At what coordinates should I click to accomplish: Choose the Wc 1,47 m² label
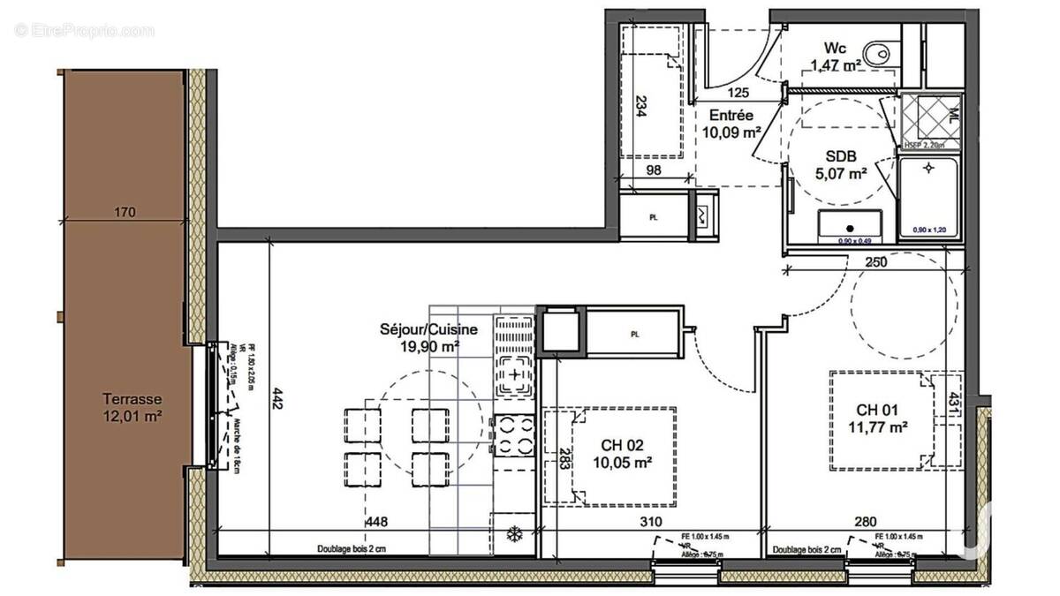click(836, 56)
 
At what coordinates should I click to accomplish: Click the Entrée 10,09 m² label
click(731, 124)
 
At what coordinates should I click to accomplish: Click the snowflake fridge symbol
click(513, 534)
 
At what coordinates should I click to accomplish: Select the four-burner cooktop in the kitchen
click(514, 434)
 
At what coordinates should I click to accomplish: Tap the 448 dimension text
click(377, 521)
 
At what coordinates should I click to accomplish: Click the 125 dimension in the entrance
click(739, 93)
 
